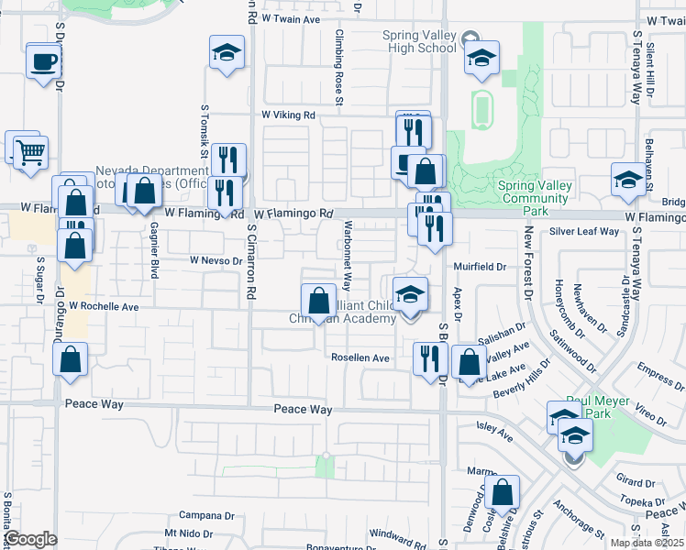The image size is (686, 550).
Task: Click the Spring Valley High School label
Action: [419, 42]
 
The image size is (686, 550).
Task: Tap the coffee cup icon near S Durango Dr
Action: [43, 62]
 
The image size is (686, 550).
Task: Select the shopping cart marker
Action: [30, 152]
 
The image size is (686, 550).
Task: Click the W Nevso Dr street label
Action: [216, 260]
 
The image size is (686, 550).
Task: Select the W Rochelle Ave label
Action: [103, 305]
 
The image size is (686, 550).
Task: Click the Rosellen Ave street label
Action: [360, 358]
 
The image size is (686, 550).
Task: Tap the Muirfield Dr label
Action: [482, 267]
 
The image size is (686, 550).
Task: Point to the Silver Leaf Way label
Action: [584, 232]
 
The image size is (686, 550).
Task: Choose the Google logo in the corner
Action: [30, 539]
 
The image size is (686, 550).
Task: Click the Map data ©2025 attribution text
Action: [647, 543]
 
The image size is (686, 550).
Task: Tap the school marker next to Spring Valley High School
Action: [481, 59]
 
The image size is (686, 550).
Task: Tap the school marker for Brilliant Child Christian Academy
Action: [411, 294]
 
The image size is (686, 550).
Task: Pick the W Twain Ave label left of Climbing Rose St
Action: [292, 18]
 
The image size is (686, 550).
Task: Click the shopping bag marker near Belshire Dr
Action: [503, 493]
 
